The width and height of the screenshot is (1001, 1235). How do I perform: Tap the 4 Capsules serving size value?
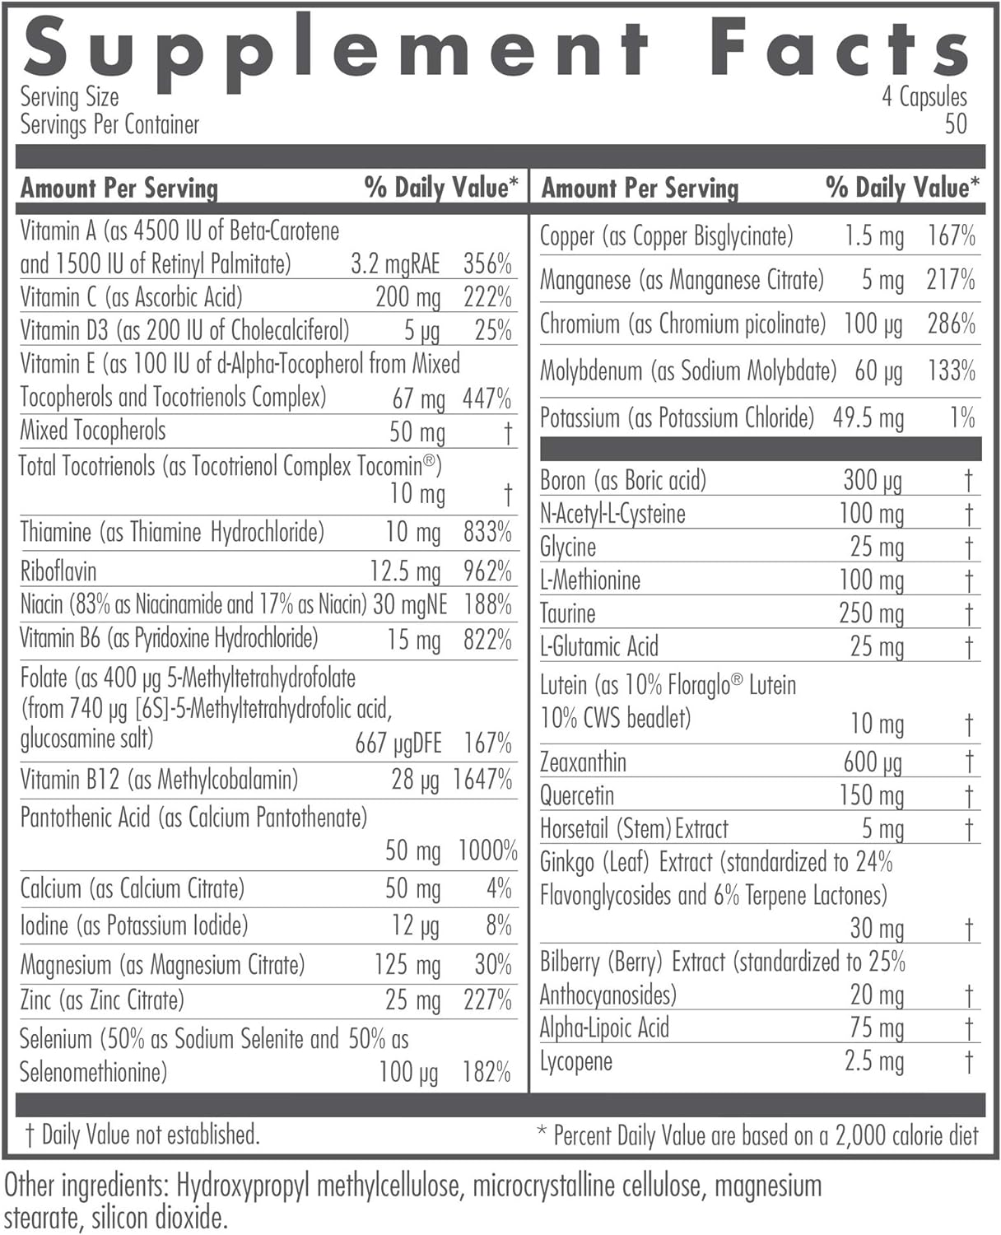[924, 97]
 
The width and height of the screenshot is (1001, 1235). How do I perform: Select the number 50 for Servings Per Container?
[956, 124]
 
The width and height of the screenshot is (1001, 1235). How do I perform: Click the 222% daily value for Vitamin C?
[487, 297]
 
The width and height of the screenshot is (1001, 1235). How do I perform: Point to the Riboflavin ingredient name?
[58, 571]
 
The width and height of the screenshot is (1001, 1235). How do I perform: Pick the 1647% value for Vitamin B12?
[482, 779]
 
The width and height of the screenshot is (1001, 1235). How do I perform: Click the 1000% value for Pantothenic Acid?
[487, 851]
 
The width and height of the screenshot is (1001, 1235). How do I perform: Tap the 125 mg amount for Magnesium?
[407, 964]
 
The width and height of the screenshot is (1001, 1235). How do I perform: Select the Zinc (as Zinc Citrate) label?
[102, 1000]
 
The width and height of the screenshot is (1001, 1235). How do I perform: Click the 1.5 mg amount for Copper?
[874, 236]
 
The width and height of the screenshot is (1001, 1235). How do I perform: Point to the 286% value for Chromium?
[951, 324]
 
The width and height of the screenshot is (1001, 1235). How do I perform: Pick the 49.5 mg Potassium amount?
[868, 417]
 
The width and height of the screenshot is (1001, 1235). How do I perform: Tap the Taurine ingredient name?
[568, 613]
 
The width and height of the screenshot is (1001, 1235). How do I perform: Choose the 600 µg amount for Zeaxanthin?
[873, 762]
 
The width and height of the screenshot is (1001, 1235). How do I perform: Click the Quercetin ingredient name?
[577, 795]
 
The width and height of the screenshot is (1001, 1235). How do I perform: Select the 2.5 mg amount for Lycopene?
[874, 1061]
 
